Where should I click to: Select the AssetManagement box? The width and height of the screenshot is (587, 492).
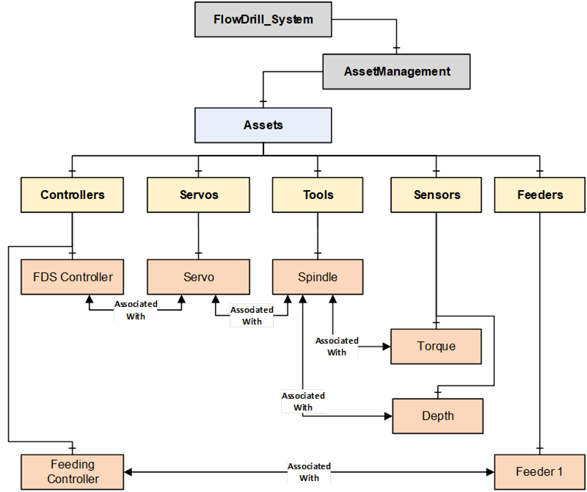[x=396, y=72]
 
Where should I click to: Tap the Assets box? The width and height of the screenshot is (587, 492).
[x=263, y=125]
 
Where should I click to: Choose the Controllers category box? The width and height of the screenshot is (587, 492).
[x=72, y=195]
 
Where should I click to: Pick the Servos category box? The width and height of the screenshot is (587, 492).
[x=199, y=195]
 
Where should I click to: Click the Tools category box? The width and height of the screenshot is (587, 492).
[x=318, y=195]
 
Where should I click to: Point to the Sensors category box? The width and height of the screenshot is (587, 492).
[x=437, y=195]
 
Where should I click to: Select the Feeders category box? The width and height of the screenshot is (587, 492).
[x=540, y=195]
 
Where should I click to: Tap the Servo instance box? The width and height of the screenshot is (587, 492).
[x=199, y=277]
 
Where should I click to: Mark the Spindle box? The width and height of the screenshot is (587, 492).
[x=318, y=277]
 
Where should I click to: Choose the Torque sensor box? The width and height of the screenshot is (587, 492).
[x=436, y=347]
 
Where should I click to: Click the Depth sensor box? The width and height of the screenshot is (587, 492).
[x=437, y=416]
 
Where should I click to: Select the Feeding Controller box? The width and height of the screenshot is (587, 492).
[x=73, y=471]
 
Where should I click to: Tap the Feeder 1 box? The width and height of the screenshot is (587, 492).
[x=539, y=471]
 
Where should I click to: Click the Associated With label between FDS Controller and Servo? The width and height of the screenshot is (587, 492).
[x=135, y=310]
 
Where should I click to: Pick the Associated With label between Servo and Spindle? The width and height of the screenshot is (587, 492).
[x=252, y=315]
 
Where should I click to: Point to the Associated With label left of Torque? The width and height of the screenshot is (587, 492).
[x=337, y=346]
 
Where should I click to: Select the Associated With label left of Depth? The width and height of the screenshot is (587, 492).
[x=303, y=401]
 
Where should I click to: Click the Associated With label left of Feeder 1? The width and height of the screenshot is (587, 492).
[x=309, y=471]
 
